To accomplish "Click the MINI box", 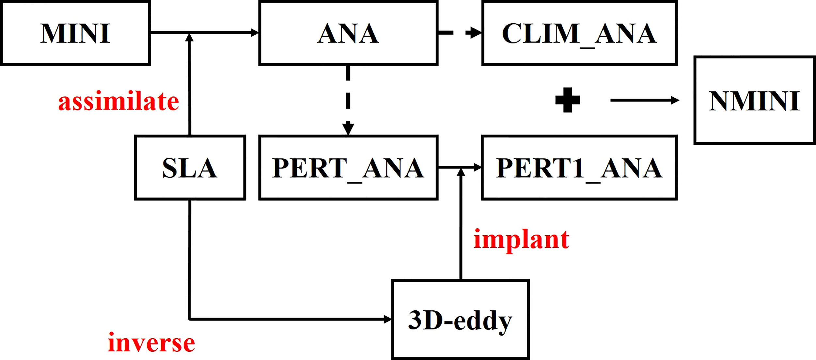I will [75, 33].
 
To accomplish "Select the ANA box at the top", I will [348, 33].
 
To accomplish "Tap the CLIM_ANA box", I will [579, 33].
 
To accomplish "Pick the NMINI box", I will [754, 101].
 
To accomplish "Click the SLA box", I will [190, 167].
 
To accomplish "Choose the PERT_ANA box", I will [348, 167].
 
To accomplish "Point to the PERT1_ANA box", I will [579, 167].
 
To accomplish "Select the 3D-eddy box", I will [460, 320].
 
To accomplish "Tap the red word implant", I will [521, 239].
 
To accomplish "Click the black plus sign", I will [568, 100].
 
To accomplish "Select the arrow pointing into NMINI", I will [645, 100].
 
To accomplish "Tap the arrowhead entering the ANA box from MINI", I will [255, 33].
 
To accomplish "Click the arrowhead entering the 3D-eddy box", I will [387, 319].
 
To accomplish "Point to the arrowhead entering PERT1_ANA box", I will [477, 167].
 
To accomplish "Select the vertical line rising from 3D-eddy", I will [461, 228].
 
